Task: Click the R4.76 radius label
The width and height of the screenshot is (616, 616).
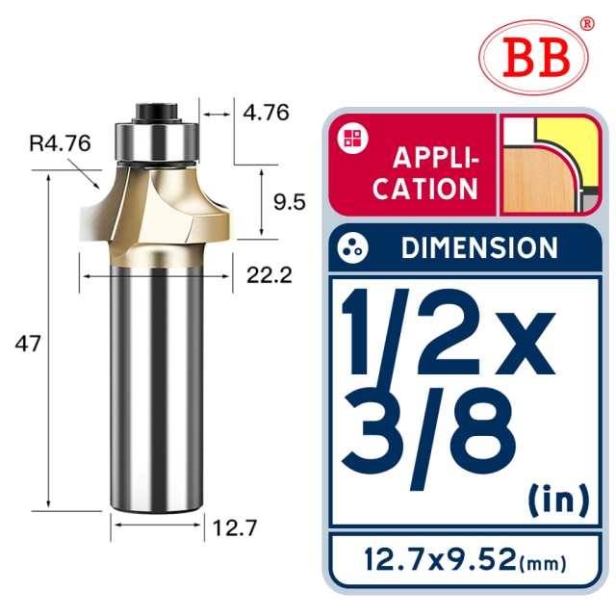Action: [60, 143]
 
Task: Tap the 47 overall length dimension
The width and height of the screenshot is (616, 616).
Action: [28, 344]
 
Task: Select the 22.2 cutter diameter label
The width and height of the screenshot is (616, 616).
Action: [269, 275]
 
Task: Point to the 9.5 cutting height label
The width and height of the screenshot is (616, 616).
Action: [289, 202]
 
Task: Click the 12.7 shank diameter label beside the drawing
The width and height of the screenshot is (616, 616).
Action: [235, 527]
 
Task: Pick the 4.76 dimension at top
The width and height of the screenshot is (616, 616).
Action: [266, 113]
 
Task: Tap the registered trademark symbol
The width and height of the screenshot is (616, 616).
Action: [587, 23]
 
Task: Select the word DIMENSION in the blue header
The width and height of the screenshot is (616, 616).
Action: [479, 247]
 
